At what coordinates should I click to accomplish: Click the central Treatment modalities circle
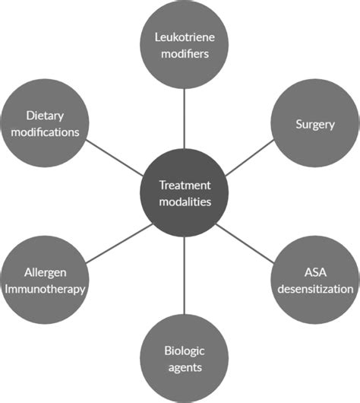[x=185, y=192]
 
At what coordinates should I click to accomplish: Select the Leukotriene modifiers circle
[x=185, y=46]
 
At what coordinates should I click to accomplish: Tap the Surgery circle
[x=314, y=122]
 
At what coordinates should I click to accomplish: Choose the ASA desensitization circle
[x=314, y=281]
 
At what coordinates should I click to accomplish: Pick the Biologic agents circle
[x=185, y=357]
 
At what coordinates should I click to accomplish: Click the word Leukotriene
[x=185, y=37]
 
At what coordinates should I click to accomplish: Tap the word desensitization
[x=314, y=289]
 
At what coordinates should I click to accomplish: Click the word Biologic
[x=185, y=350]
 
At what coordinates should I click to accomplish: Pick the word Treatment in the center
[x=185, y=184]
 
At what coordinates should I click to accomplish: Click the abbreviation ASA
[x=314, y=273]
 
